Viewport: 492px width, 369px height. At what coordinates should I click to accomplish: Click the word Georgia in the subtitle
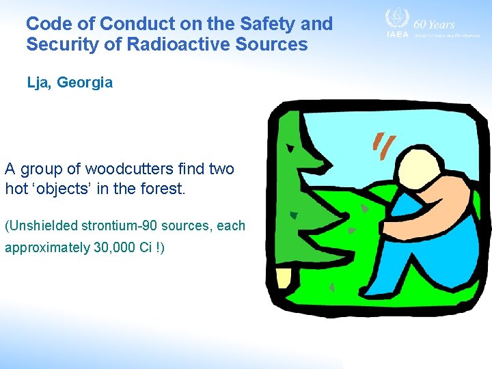85,83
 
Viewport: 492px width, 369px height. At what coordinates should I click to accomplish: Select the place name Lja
39,83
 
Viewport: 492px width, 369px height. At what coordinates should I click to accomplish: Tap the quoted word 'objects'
63,189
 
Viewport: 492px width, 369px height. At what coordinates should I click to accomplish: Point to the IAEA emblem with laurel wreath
396,19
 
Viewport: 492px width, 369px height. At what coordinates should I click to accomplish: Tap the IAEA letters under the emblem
397,34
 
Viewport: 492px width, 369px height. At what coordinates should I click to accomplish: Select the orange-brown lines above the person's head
383,143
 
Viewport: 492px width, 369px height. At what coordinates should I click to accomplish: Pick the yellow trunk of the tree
283,278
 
